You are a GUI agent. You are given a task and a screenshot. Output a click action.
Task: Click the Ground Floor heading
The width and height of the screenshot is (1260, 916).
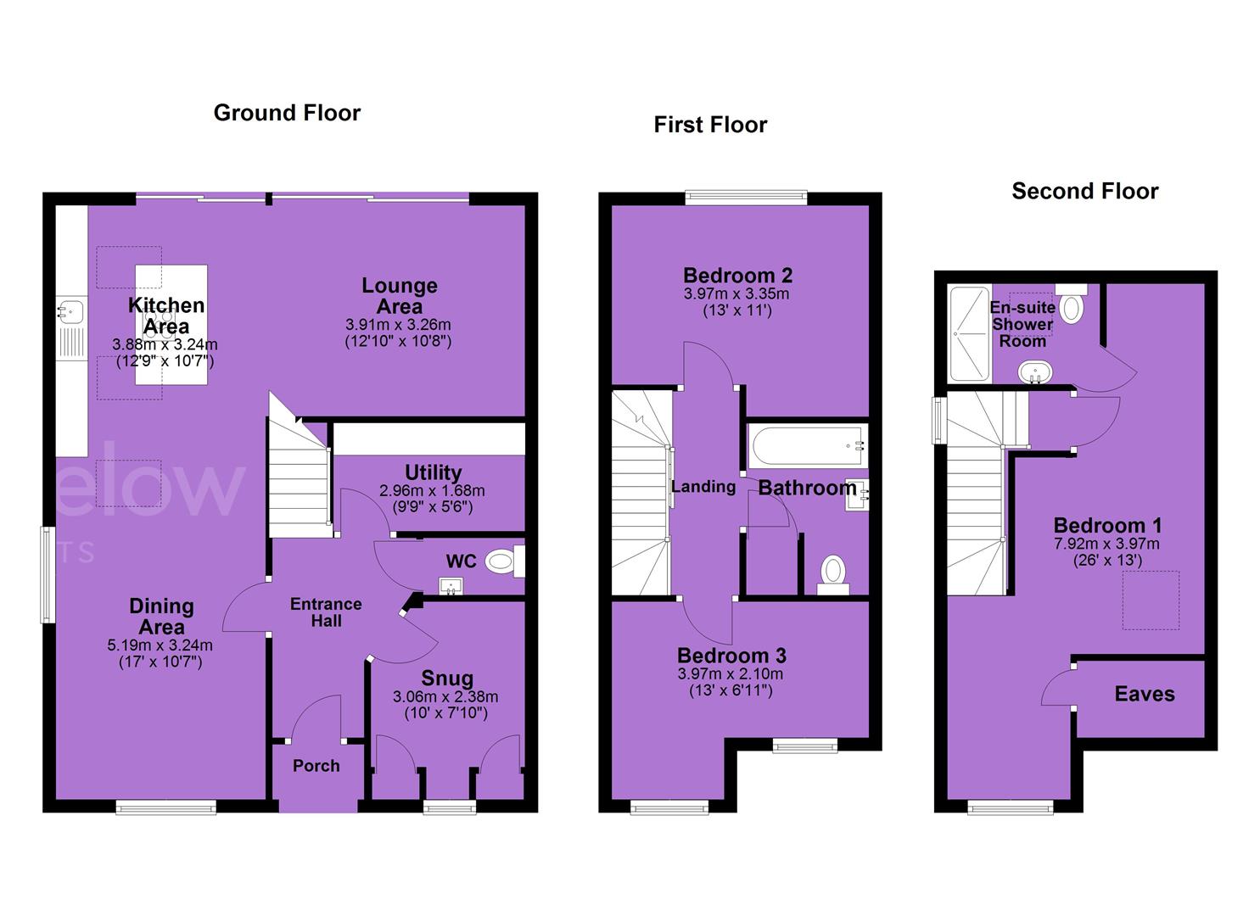tap(287, 113)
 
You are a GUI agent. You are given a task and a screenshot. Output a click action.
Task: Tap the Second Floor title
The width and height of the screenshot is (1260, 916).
tap(1085, 191)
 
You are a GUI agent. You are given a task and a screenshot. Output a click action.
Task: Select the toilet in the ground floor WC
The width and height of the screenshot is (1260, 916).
tap(505, 561)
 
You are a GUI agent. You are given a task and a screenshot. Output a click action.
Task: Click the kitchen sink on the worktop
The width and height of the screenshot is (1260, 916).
tap(71, 312)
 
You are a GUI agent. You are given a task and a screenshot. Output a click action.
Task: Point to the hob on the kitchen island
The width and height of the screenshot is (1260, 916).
tap(160, 325)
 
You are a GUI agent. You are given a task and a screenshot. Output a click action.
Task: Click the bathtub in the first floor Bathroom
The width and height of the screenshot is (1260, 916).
tap(807, 446)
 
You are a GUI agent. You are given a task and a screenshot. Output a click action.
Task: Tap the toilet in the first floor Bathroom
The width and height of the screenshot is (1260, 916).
tap(833, 575)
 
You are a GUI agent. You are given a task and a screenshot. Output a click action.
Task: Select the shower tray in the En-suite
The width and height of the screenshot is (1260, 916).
tap(969, 333)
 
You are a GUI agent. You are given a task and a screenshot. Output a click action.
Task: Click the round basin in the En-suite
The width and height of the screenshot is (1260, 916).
tap(1035, 372)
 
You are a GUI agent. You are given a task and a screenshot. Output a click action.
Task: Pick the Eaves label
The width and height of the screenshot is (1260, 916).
tap(1145, 694)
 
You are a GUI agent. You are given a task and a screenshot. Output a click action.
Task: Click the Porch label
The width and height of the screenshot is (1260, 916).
tap(316, 766)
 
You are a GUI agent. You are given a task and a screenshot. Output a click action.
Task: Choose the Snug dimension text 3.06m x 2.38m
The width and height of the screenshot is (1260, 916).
tap(445, 697)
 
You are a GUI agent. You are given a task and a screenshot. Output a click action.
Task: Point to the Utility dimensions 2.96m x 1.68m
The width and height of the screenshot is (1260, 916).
tap(432, 491)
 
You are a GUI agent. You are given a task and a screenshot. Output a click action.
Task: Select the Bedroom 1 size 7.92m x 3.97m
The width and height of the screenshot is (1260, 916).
tap(1106, 544)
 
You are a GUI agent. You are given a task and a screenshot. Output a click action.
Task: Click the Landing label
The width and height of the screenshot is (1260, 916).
tap(703, 486)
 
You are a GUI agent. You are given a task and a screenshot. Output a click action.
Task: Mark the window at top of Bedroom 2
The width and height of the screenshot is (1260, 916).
tap(746, 198)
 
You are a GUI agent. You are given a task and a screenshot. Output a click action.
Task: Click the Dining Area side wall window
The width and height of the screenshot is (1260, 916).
tap(48, 575)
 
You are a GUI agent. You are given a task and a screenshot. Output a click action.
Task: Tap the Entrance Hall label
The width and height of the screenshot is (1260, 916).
tap(327, 612)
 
